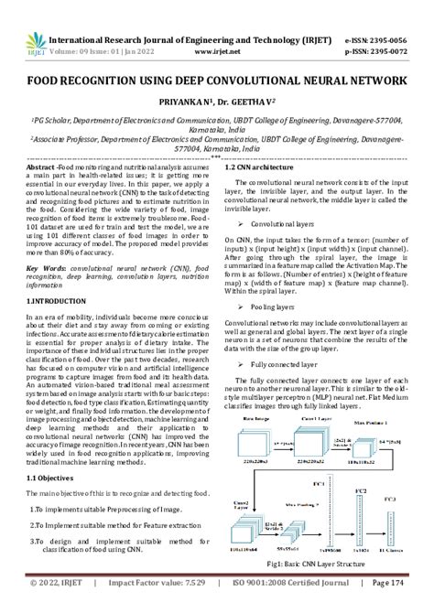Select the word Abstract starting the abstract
coord(43,167)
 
